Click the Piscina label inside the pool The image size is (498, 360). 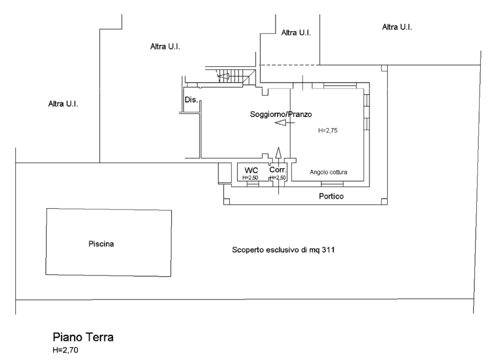[x=101, y=244]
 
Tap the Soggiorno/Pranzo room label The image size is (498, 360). [x=281, y=114]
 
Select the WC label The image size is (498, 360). [x=251, y=171]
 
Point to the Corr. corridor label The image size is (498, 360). [x=278, y=170]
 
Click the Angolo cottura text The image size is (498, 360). [x=328, y=172]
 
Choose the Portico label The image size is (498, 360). [x=331, y=197]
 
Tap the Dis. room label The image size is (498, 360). [x=191, y=100]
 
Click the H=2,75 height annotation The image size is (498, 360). [x=328, y=130]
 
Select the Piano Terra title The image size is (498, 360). [x=83, y=337]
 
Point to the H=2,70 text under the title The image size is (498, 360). [x=66, y=350]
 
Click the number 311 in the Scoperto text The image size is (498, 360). [x=328, y=250]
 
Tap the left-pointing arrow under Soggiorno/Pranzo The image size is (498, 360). [x=285, y=123]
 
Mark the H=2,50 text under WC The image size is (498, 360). [x=250, y=178]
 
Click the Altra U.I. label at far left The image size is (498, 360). [x=63, y=104]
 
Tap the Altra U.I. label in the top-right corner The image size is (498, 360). [x=397, y=27]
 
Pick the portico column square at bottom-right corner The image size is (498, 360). [x=384, y=201]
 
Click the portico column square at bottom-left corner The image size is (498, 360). [x=227, y=201]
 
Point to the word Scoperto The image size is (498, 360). [x=248, y=250]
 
